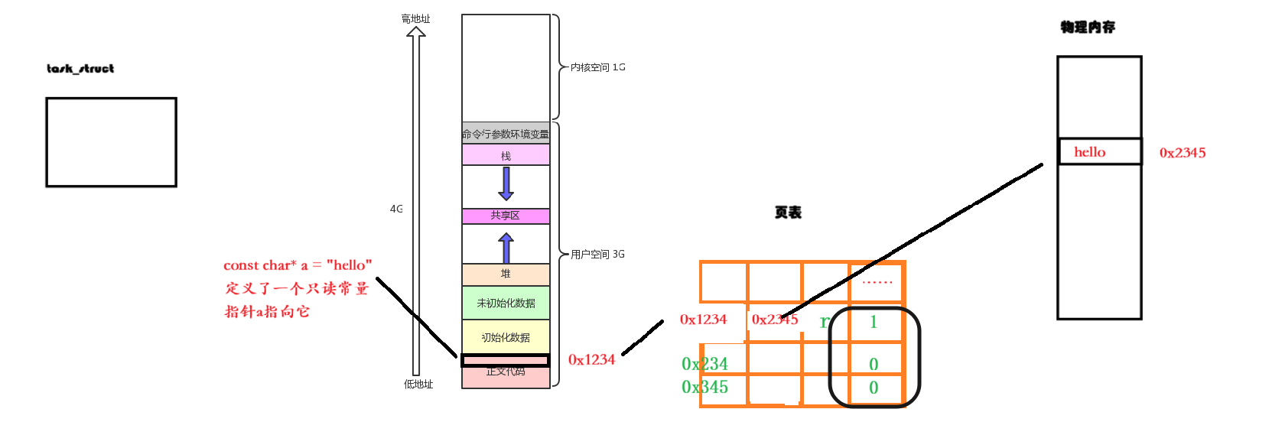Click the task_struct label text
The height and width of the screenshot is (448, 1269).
pos(80,69)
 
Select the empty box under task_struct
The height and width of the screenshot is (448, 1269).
pos(111,142)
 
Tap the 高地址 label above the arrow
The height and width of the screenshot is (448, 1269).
pos(415,18)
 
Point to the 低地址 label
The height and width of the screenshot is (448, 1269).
pos(418,384)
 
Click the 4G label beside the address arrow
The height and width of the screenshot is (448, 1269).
pos(396,209)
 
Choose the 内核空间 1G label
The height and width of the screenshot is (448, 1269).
pos(597,67)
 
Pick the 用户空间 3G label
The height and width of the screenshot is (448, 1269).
pos(597,254)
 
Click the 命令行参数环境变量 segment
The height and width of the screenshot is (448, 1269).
pos(506,134)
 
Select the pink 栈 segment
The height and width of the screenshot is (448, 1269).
pos(506,155)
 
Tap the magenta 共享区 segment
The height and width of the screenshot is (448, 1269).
pos(506,216)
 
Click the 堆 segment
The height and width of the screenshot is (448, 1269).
pos(506,274)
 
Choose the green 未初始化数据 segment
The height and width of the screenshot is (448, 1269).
pos(506,303)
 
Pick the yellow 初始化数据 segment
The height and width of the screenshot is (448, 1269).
pos(506,337)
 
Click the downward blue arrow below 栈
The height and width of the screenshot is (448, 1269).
pos(506,183)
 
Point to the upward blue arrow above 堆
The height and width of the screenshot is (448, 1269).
pos(506,248)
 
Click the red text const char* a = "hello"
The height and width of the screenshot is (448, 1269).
pos(298,265)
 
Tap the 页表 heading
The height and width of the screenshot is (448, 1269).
pos(788,213)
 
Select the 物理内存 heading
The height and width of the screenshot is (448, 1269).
pos(1088,28)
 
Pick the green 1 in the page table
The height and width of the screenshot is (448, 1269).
pos(874,322)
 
